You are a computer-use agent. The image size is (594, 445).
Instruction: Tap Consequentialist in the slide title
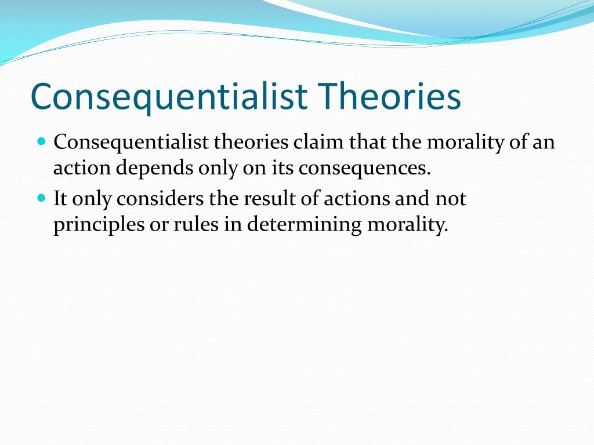click(169, 97)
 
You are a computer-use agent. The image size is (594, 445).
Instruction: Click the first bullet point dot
click(42, 142)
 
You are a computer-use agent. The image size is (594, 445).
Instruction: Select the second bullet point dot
click(42, 198)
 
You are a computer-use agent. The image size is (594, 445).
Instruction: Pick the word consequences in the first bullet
click(364, 168)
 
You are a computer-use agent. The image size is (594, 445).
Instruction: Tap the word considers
click(160, 198)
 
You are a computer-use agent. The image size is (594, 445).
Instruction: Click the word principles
click(99, 224)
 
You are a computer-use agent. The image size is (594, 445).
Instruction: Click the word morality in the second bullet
click(408, 225)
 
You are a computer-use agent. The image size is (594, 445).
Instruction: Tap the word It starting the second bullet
click(60, 198)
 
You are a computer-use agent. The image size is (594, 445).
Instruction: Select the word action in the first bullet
click(82, 168)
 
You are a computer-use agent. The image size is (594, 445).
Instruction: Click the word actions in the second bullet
click(357, 198)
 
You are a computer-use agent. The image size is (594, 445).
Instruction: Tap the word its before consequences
click(282, 168)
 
